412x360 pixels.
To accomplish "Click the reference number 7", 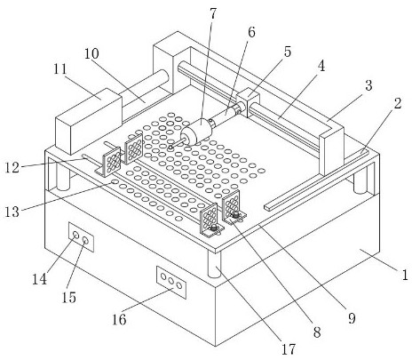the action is click(x=213, y=14).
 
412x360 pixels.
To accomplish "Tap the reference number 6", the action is click(x=251, y=32).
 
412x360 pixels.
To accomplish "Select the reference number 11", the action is click(x=60, y=69).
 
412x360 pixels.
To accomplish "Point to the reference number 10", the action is click(x=91, y=54).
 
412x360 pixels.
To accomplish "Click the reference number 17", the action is click(x=289, y=349).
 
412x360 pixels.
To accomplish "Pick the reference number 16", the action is click(x=119, y=319).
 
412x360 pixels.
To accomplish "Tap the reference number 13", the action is click(x=12, y=212).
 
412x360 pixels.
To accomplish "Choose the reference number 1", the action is click(x=405, y=275).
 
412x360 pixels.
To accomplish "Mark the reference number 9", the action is click(x=352, y=318).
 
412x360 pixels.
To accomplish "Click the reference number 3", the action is click(x=368, y=85).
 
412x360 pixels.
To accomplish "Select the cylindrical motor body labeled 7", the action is click(x=197, y=132).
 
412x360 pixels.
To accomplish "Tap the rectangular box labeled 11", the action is click(x=89, y=121).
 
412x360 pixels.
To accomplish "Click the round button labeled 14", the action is click(x=76, y=235).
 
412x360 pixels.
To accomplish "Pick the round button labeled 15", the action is click(x=85, y=240).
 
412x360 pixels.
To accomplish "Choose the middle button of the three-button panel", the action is click(x=171, y=281).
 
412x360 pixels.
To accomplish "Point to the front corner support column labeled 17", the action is click(x=214, y=264).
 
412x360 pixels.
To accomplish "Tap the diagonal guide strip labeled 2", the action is click(x=317, y=180).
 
